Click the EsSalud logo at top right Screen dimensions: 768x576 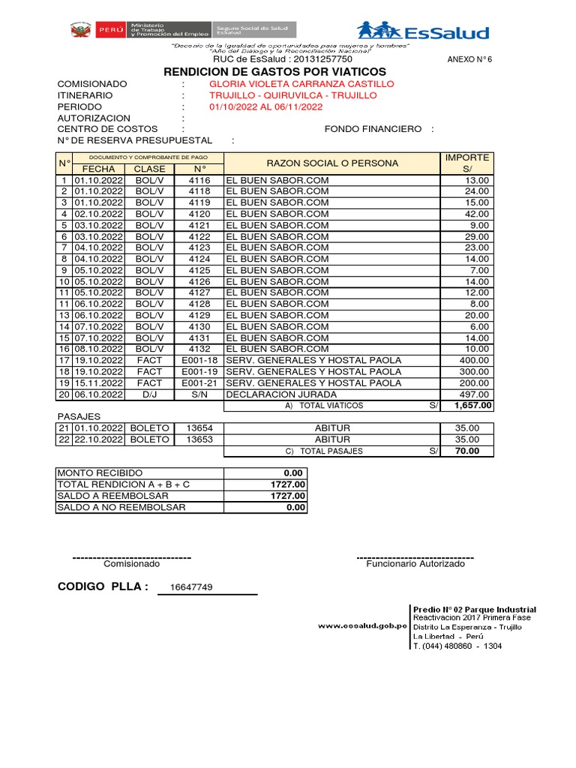tap(423, 31)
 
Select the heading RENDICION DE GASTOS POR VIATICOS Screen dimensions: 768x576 tap(275, 71)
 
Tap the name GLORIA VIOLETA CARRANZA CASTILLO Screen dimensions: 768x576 tap(301, 84)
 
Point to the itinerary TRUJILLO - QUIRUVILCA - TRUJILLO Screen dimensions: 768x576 tap(292, 96)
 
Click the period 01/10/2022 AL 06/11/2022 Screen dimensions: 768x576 tap(265, 107)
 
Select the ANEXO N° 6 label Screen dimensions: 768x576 tap(469, 59)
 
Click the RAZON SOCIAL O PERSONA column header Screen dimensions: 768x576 tap(332, 163)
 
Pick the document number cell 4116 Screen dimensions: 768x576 tap(199, 181)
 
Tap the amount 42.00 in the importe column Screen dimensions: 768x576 tap(477, 214)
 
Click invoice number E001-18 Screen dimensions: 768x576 tap(199, 360)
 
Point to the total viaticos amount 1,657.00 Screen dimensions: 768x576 tap(472, 405)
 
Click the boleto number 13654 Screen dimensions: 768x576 tap(199, 427)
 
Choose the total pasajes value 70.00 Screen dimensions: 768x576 tap(477, 451)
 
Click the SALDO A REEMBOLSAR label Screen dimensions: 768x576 tap(113, 496)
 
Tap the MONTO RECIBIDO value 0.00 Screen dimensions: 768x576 tap(293, 473)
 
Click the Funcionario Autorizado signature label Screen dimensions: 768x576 tap(415, 564)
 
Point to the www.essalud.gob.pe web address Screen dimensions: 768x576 tap(361, 625)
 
